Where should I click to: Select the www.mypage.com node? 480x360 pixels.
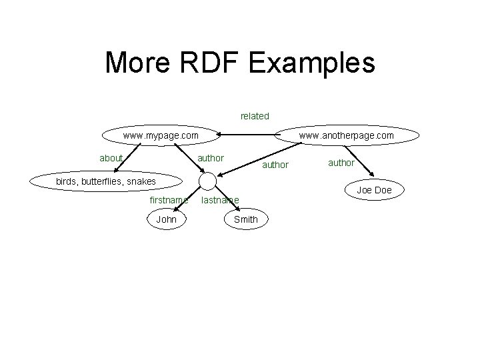click(161, 135)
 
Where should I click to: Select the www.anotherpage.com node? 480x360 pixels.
click(347, 135)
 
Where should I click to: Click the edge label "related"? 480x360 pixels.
click(255, 116)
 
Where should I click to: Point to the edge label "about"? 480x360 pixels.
click(111, 158)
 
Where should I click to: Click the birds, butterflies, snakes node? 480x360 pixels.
click(105, 181)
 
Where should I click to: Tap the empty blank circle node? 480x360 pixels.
click(208, 181)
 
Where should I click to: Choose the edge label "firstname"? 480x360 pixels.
click(169, 199)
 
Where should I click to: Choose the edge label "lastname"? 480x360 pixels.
click(220, 199)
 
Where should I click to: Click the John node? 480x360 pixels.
click(166, 219)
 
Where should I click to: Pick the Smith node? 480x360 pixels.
click(246, 219)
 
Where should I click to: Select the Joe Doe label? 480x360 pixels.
click(374, 190)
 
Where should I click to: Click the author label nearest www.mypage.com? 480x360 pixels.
click(211, 158)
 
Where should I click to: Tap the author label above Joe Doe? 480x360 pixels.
click(341, 162)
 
